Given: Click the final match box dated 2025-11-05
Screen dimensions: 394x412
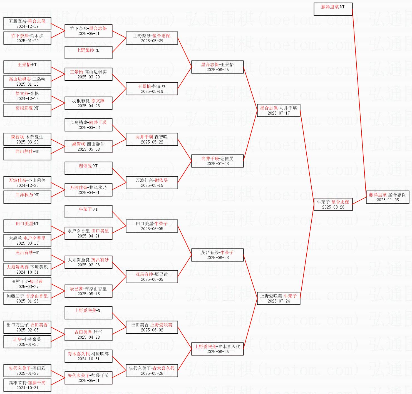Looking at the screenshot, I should [x=388, y=197].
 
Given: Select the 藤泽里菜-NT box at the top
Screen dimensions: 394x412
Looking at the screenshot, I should [x=333, y=9].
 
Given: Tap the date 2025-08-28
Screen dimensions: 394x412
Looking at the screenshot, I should [x=333, y=207].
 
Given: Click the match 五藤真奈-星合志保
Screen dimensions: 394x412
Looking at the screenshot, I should [x=27, y=24].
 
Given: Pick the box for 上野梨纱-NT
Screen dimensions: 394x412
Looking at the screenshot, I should [x=88, y=53].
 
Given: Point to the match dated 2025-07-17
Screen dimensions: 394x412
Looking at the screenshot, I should [x=279, y=110].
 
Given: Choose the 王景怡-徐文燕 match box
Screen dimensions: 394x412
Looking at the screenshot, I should [x=152, y=89].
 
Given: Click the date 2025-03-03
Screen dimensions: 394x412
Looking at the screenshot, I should [x=88, y=128].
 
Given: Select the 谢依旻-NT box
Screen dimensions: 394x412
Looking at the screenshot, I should [x=88, y=168].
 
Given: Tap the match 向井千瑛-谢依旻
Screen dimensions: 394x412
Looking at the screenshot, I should [x=217, y=161].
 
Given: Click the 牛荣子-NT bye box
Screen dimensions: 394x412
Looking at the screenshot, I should [x=88, y=212].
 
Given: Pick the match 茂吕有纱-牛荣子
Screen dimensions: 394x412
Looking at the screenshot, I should [x=217, y=255].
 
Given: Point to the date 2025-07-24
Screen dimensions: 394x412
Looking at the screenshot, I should [x=279, y=301].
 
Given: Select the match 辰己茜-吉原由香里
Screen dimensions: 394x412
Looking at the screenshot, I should [x=88, y=291].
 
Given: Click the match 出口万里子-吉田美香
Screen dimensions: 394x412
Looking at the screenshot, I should [x=27, y=327].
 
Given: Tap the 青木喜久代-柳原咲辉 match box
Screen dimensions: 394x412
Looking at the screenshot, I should [x=88, y=356].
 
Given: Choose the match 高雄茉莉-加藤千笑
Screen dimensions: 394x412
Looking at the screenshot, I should [x=27, y=385].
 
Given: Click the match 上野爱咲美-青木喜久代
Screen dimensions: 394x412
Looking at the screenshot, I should [x=217, y=349].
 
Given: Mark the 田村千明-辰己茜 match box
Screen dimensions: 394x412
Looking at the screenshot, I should [x=27, y=284].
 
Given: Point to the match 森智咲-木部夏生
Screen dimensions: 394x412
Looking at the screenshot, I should [x=27, y=139].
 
